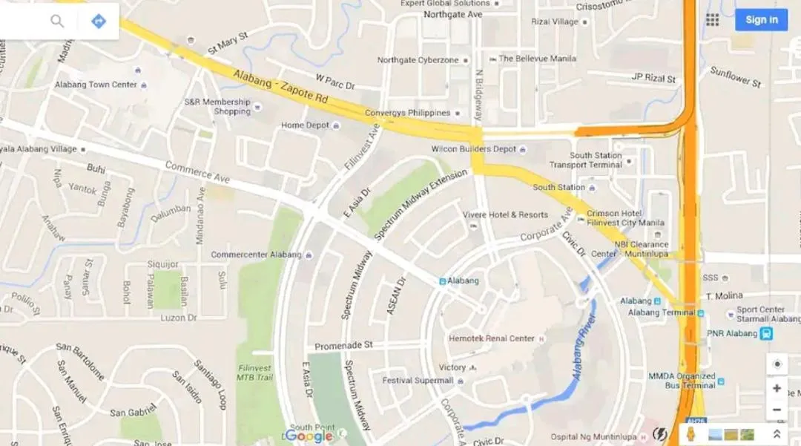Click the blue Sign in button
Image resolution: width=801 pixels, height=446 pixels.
pos(761,20)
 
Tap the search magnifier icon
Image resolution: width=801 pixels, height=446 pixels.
pos(57,21)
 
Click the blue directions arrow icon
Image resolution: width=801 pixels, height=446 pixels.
pos(99,21)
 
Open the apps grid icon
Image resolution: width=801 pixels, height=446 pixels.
pos(712,20)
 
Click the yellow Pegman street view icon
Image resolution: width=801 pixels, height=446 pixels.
pos(690,433)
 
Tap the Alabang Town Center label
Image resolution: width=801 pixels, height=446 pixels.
pos(96,85)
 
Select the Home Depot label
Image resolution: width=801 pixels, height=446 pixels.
pos(305,125)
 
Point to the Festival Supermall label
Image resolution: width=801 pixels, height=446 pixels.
pos(418,381)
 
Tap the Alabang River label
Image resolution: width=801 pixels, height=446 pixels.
pos(583,344)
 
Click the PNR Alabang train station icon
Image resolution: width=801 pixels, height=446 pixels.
pos(766,334)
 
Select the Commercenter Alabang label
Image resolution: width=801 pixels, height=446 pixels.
pos(256,255)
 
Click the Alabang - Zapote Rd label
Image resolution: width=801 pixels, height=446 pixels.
pos(280,87)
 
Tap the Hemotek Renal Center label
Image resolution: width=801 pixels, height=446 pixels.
pos(491,338)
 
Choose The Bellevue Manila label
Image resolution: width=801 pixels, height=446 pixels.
pos(537,59)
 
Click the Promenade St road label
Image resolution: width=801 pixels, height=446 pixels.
pos(343,346)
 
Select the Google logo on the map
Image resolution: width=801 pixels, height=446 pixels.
pos(309,436)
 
